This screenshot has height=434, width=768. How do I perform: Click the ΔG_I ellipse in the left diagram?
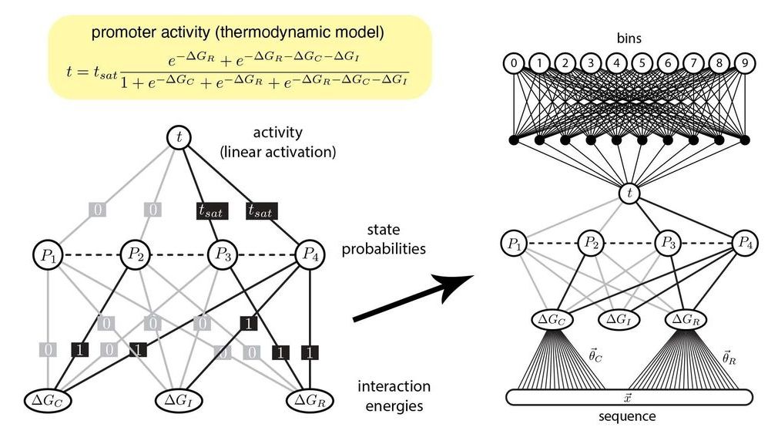pos(180,399)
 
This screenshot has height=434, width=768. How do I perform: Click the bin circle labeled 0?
pos(513,62)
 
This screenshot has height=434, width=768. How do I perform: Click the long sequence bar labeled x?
pos(629,397)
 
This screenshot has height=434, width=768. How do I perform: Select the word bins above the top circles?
pos(629,36)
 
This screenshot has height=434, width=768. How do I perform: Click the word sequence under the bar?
pos(629,416)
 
